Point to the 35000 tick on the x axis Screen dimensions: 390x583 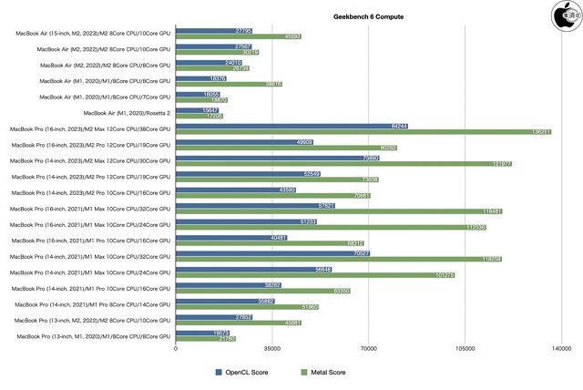[271, 348]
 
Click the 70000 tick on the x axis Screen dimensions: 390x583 [368, 348]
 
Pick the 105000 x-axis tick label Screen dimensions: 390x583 [465, 348]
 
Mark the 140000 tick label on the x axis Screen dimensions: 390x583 [561, 348]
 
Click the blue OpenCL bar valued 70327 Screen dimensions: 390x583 [272, 253]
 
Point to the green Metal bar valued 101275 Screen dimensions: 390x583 [315, 274]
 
